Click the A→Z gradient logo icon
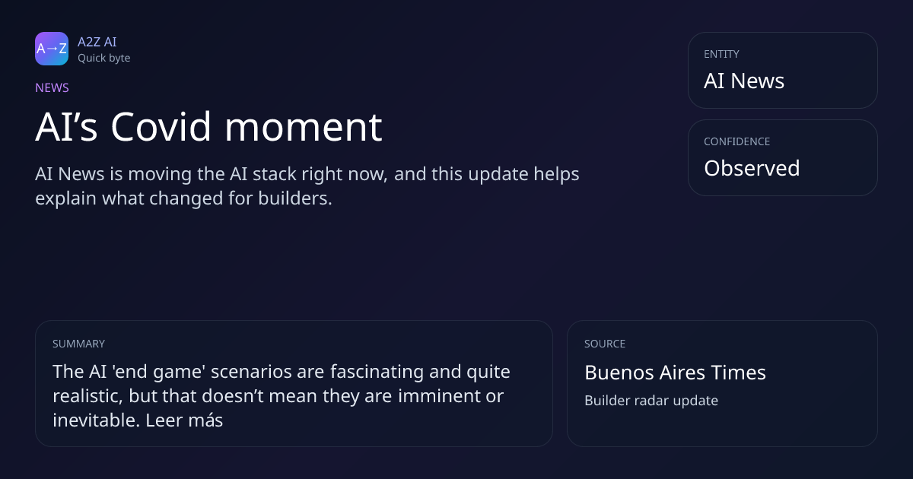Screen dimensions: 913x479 (52, 49)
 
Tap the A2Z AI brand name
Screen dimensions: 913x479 (97, 42)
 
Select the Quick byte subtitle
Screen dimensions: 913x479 (104, 59)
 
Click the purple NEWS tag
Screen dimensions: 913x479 (52, 87)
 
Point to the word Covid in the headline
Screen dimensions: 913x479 (161, 127)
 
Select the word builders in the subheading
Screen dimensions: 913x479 (294, 198)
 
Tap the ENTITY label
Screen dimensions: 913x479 (721, 54)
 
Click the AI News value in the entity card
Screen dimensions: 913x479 (744, 81)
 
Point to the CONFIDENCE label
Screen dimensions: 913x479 (737, 141)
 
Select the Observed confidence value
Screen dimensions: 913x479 (752, 168)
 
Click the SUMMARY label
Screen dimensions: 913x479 (78, 344)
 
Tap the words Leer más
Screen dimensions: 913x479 (184, 420)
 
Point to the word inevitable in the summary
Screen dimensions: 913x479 (96, 420)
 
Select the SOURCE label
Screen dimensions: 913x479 (605, 344)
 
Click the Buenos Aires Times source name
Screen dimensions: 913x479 (675, 373)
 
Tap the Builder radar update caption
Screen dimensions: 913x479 (651, 401)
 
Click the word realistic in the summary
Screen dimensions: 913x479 (87, 396)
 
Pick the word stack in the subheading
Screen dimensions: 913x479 (275, 174)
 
